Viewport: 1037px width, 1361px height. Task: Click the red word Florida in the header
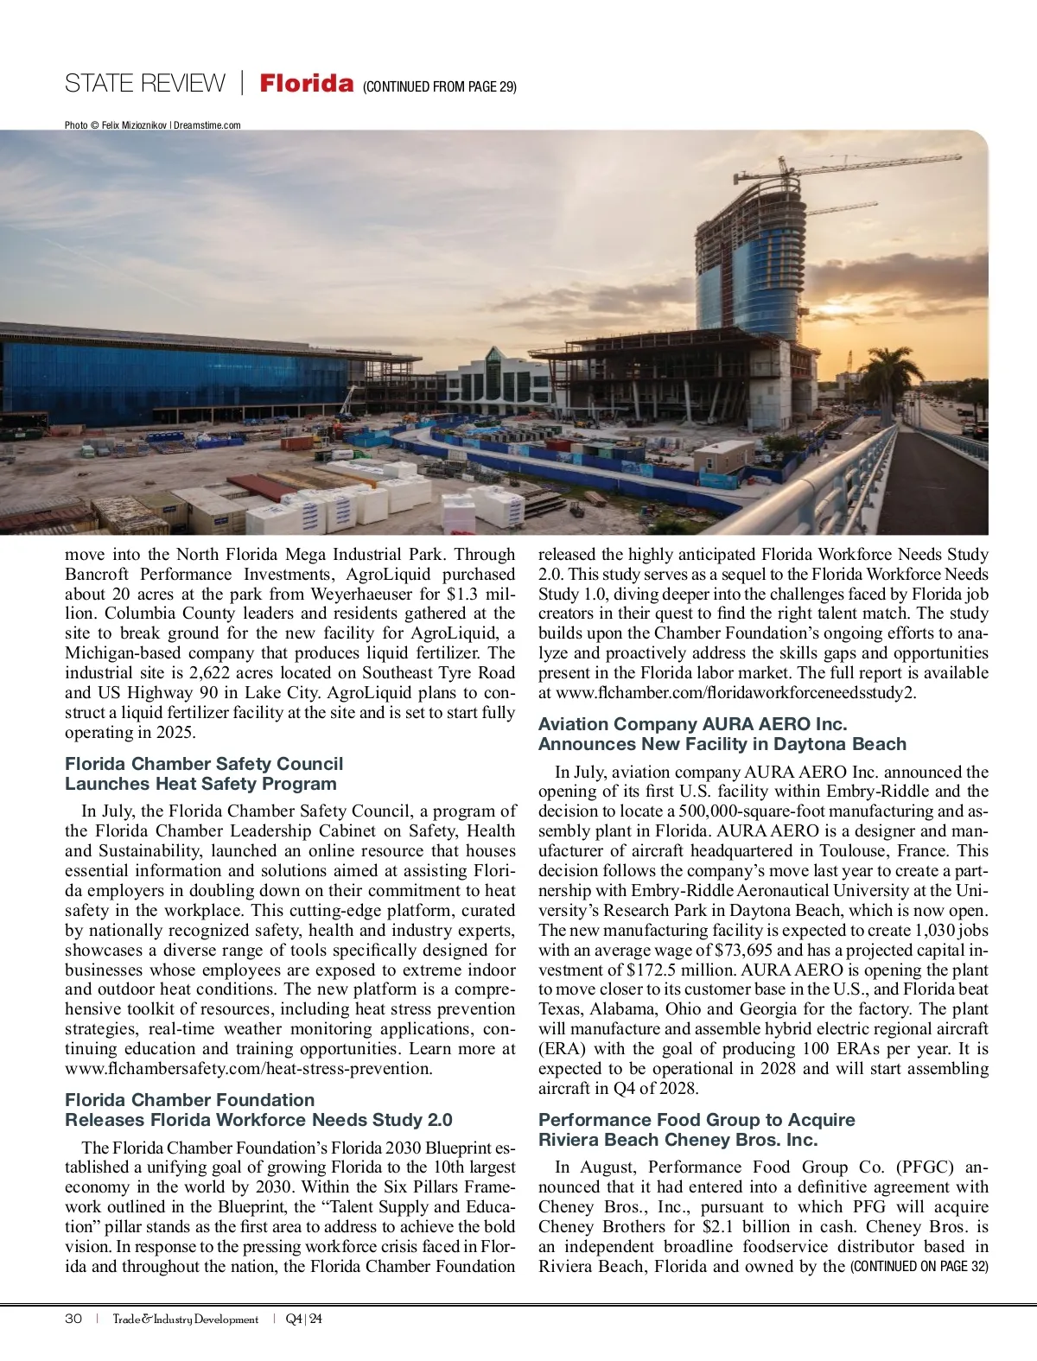tap(307, 84)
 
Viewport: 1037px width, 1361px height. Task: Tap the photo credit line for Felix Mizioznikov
tap(152, 125)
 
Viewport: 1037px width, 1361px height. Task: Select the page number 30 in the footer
tap(73, 1319)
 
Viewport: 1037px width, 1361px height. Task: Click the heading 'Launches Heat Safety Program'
tap(200, 784)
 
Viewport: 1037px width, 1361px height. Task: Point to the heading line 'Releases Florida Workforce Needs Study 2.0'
tap(258, 1120)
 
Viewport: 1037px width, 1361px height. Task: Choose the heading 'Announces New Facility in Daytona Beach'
tap(722, 744)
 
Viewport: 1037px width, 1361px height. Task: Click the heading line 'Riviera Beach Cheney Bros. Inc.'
tap(678, 1140)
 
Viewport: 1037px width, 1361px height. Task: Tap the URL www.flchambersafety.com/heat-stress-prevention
tap(248, 1069)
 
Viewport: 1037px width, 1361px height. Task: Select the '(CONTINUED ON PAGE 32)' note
tap(919, 1267)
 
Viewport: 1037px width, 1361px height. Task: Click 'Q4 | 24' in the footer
tap(303, 1319)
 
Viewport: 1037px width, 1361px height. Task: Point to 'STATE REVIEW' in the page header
tap(144, 84)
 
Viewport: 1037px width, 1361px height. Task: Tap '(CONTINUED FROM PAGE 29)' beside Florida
tap(440, 86)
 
